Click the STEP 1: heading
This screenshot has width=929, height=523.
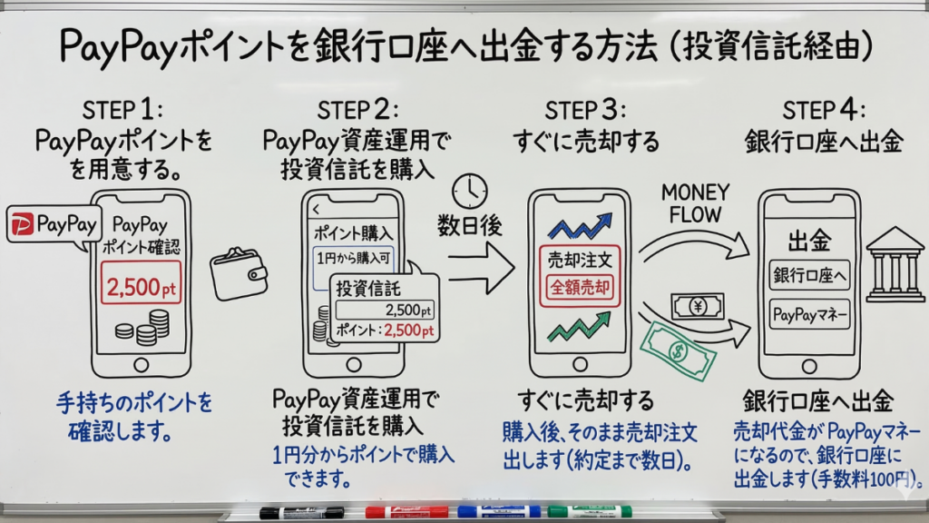click(122, 112)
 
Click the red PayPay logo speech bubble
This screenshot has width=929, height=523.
click(54, 223)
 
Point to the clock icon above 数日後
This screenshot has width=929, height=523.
click(469, 191)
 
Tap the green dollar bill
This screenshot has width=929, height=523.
click(679, 350)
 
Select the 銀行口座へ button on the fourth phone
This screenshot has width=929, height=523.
click(809, 274)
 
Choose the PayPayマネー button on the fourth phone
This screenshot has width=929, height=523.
click(809, 315)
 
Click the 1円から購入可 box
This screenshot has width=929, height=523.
click(353, 259)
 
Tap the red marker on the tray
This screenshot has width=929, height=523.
click(406, 511)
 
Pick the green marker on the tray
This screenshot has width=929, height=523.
click(589, 511)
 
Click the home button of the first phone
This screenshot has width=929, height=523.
click(141, 365)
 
